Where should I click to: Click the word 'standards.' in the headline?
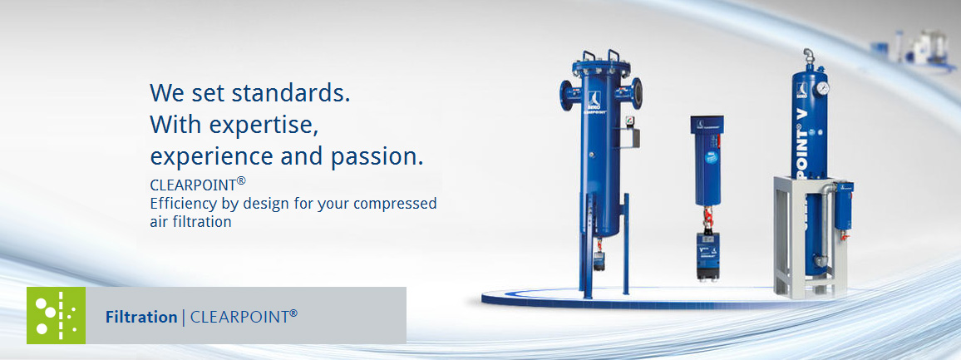pos(290,92)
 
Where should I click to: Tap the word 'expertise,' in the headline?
pos(264,125)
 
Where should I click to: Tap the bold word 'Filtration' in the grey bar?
pos(141,317)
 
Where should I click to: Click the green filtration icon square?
pos(56,315)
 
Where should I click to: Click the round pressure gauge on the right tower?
pos(822,87)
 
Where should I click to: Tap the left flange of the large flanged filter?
pos(565,95)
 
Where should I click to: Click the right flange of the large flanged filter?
pos(637,93)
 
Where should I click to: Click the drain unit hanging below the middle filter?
pos(708,256)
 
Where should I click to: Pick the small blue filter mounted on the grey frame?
pos(845,205)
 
